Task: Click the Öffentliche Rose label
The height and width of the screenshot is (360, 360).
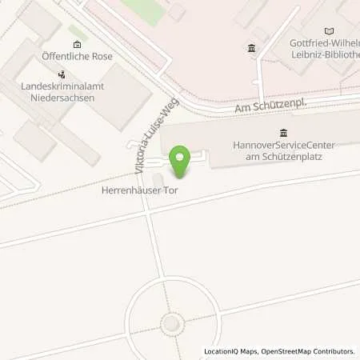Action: click(x=77, y=57)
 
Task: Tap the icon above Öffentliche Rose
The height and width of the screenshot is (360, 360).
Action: click(x=76, y=44)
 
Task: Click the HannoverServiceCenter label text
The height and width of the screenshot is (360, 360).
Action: click(x=283, y=145)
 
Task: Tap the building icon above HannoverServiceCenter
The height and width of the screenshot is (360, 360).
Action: click(x=283, y=133)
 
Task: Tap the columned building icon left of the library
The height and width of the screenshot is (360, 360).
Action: click(x=252, y=49)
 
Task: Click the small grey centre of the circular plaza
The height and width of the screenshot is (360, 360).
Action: click(x=170, y=323)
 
